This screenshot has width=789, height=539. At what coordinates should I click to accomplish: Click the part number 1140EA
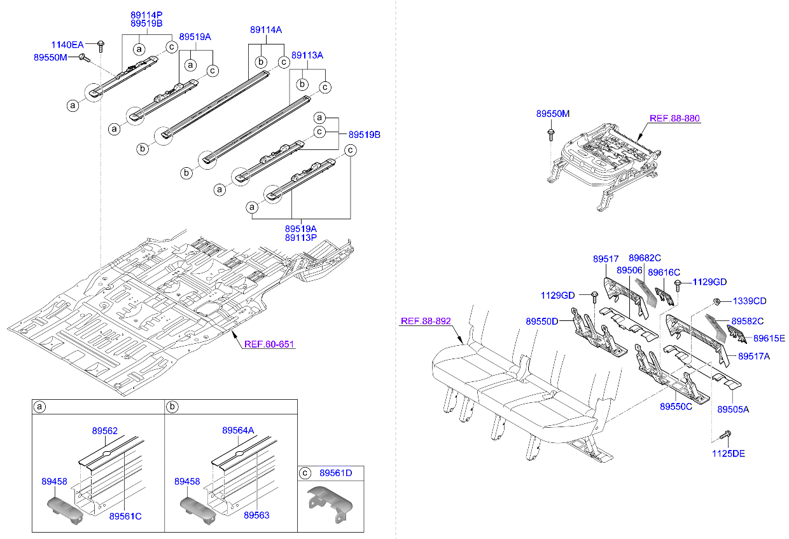(x=67, y=44)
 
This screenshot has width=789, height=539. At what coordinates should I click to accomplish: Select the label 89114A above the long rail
(x=266, y=30)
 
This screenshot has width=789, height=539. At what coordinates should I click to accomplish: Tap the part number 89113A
(x=307, y=55)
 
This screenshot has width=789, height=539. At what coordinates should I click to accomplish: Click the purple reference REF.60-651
(x=269, y=344)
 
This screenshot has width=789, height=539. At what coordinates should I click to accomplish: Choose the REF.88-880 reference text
(x=674, y=118)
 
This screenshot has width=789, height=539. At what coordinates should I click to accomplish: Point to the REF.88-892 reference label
(x=426, y=321)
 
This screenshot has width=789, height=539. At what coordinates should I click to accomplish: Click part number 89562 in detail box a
(x=104, y=430)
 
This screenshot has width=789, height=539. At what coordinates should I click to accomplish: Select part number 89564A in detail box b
(x=238, y=430)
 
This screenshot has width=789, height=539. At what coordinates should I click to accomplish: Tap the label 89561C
(x=125, y=516)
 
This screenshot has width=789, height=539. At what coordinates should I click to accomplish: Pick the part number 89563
(x=256, y=516)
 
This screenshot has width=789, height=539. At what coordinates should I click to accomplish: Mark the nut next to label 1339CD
(x=716, y=301)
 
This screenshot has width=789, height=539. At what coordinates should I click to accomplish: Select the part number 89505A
(x=733, y=409)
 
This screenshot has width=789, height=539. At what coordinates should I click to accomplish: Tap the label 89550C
(x=676, y=406)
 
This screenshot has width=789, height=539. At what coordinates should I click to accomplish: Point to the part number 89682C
(x=645, y=258)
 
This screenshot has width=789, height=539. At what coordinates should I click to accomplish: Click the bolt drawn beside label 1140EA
(x=101, y=45)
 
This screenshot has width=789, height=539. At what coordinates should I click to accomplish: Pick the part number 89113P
(x=301, y=237)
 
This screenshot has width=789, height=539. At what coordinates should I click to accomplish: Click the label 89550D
(x=541, y=322)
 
